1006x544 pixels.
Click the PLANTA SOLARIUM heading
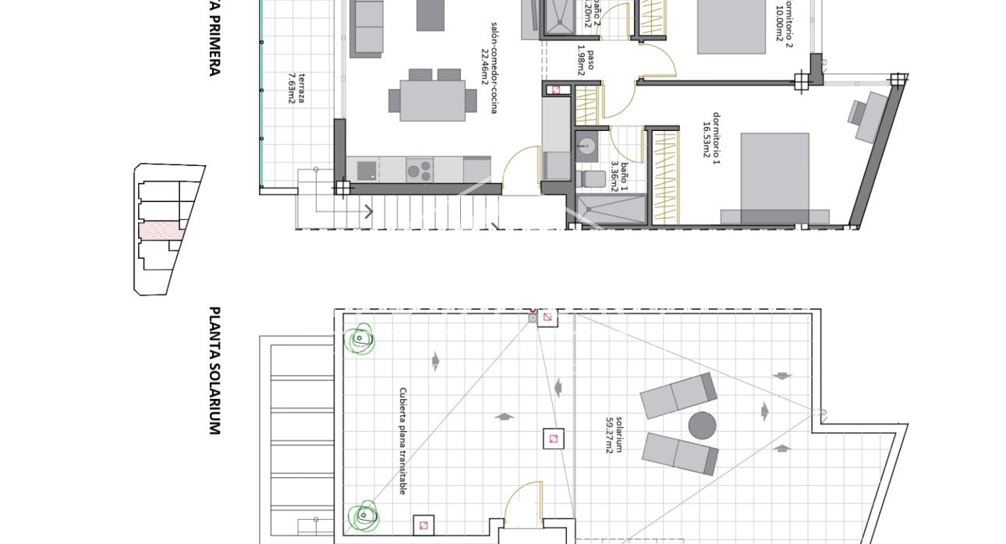tap(214, 370)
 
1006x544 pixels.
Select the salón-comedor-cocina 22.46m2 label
tap(489, 68)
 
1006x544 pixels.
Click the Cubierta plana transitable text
tap(402, 440)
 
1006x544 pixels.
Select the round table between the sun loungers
tap(703, 426)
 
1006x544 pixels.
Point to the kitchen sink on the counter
tap(366, 168)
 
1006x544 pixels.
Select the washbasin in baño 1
tap(587, 145)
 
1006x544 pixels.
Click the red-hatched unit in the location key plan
tap(161, 230)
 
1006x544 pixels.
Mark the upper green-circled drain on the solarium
tap(360, 339)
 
